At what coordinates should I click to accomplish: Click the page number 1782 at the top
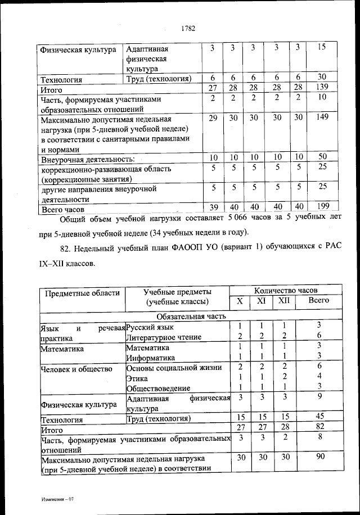pyautogui.click(x=188, y=29)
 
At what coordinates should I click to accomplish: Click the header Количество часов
pyautogui.click(x=286, y=291)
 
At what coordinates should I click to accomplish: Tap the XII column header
pyautogui.click(x=284, y=301)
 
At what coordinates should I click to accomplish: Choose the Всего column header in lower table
pyautogui.click(x=319, y=301)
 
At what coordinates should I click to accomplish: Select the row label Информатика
pyautogui.click(x=150, y=357)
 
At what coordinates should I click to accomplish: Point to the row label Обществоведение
pyautogui.click(x=159, y=388)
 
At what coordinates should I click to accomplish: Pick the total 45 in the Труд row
pyautogui.click(x=318, y=417)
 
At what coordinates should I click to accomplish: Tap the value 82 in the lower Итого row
pyautogui.click(x=318, y=427)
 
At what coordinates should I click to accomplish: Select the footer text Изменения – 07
pyautogui.click(x=57, y=500)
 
